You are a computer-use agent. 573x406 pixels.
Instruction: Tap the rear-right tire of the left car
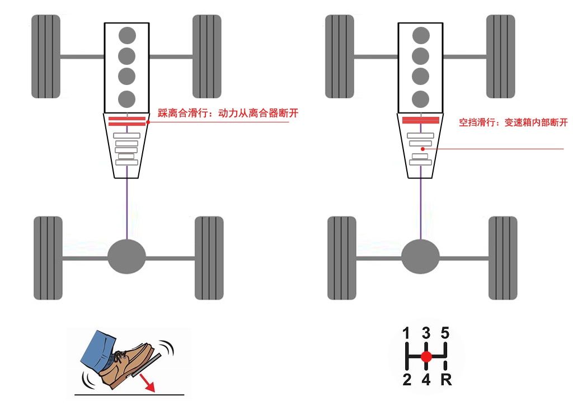[x=208, y=257]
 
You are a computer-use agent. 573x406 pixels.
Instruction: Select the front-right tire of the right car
[x=500, y=57]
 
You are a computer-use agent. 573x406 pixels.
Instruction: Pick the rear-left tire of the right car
[x=341, y=257]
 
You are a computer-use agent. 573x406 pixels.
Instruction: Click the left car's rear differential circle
[x=127, y=257]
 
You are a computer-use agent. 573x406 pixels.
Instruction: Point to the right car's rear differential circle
[x=420, y=257]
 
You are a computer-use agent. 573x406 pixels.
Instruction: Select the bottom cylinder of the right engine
[x=421, y=98]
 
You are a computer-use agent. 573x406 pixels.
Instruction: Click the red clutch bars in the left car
[x=127, y=122]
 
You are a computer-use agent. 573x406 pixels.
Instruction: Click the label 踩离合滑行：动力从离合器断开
[x=228, y=114]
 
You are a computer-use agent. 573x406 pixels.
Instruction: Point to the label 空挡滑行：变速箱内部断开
[x=513, y=122]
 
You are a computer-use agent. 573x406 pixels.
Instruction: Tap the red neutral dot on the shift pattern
[x=426, y=356]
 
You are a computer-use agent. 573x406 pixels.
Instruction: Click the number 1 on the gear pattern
[x=407, y=334]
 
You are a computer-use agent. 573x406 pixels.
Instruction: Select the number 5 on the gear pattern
[x=445, y=334]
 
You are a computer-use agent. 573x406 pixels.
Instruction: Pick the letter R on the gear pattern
[x=446, y=380]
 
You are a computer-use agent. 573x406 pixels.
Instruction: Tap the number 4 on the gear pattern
[x=426, y=380]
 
